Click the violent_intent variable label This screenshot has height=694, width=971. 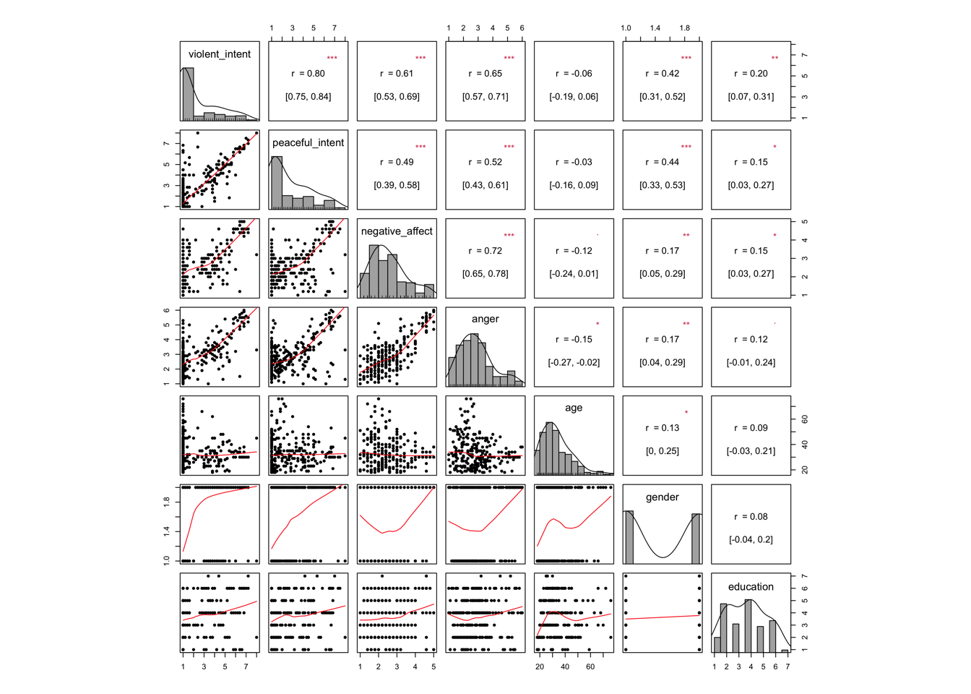(x=220, y=54)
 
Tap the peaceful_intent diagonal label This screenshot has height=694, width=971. (x=308, y=143)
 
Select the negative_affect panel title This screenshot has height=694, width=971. (x=397, y=231)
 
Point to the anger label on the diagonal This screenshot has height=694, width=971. (x=485, y=319)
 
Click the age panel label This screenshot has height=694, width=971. (x=574, y=408)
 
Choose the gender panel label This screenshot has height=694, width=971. (x=663, y=497)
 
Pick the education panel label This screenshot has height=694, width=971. (x=751, y=587)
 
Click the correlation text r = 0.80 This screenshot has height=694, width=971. (x=308, y=74)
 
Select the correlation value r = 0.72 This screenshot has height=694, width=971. (x=485, y=251)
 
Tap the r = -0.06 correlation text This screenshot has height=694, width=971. (x=574, y=74)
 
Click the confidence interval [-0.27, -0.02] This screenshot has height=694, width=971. (x=574, y=362)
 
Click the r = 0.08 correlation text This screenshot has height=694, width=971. (x=751, y=517)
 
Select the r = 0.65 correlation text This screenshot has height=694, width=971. (x=485, y=74)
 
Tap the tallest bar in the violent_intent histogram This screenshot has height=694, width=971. (x=188, y=94)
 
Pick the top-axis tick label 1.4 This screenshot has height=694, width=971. (x=655, y=28)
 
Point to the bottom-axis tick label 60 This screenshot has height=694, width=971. (x=590, y=667)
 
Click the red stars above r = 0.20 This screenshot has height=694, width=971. (x=774, y=58)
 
